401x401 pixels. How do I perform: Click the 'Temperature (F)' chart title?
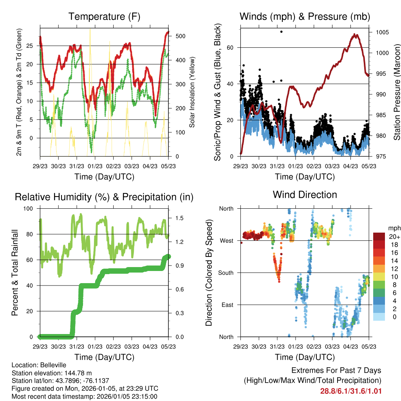click(x=104, y=16)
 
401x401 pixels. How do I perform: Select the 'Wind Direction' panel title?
click(x=305, y=195)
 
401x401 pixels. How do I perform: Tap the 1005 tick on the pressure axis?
click(x=381, y=32)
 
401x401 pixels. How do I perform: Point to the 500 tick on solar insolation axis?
click(x=183, y=36)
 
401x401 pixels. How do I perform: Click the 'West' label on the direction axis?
click(x=226, y=240)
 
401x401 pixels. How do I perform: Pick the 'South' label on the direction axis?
click(x=225, y=273)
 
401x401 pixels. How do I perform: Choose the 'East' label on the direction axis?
click(x=226, y=305)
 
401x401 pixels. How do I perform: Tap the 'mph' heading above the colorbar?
click(x=394, y=228)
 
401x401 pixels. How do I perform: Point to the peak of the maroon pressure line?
click(x=355, y=35)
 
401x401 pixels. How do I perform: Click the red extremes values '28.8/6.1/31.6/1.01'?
click(x=351, y=391)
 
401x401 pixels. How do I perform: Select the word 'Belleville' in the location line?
click(x=51, y=365)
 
